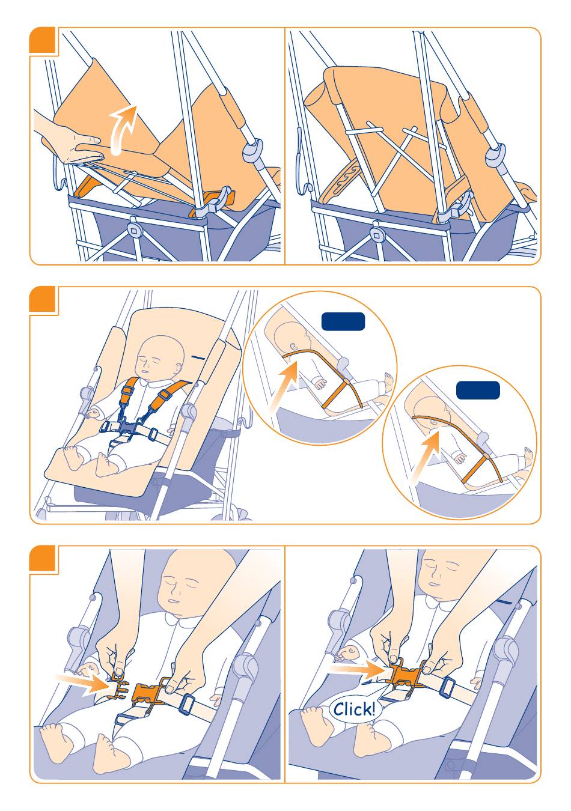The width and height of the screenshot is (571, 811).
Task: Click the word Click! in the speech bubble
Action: click(x=354, y=709)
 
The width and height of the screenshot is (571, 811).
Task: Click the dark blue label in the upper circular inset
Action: click(x=343, y=321)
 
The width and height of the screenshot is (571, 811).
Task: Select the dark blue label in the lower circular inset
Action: click(x=478, y=390)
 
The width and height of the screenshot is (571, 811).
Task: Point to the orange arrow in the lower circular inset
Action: click(x=426, y=455)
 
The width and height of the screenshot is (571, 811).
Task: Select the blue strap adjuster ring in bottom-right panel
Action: click(x=448, y=685)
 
